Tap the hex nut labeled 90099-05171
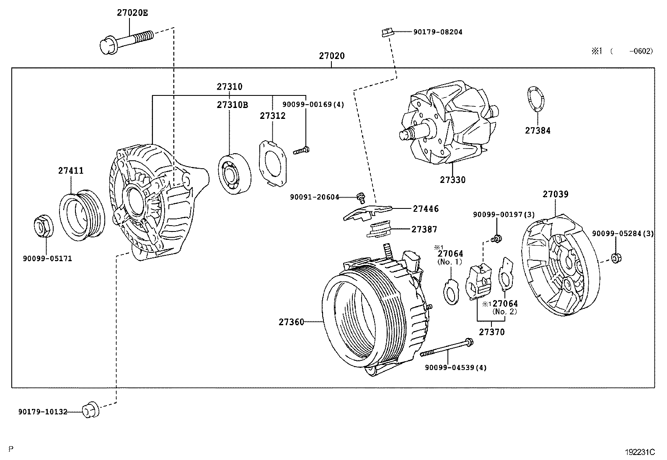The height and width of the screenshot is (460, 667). coord(42,227)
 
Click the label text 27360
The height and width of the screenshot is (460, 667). coord(291,322)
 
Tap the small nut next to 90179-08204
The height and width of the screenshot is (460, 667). coord(386,32)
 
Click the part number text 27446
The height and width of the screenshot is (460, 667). coord(425,208)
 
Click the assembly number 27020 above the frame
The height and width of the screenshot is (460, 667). coord(331,56)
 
